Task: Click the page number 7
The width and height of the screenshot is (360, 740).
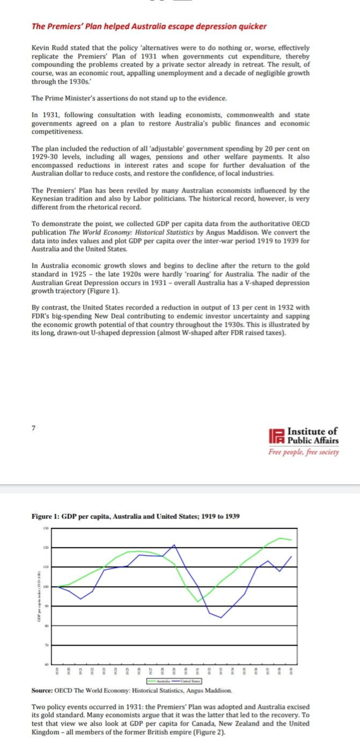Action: [34, 428]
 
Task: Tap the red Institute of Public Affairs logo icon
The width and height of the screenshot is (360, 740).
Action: [279, 436]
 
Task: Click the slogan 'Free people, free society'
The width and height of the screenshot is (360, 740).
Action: [304, 452]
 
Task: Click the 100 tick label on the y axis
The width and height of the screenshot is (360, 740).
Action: [46, 587]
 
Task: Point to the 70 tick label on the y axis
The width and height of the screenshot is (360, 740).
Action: [46, 645]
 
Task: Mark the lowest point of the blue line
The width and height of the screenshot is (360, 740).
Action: [221, 617]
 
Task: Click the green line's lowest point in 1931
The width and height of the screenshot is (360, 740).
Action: [198, 602]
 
